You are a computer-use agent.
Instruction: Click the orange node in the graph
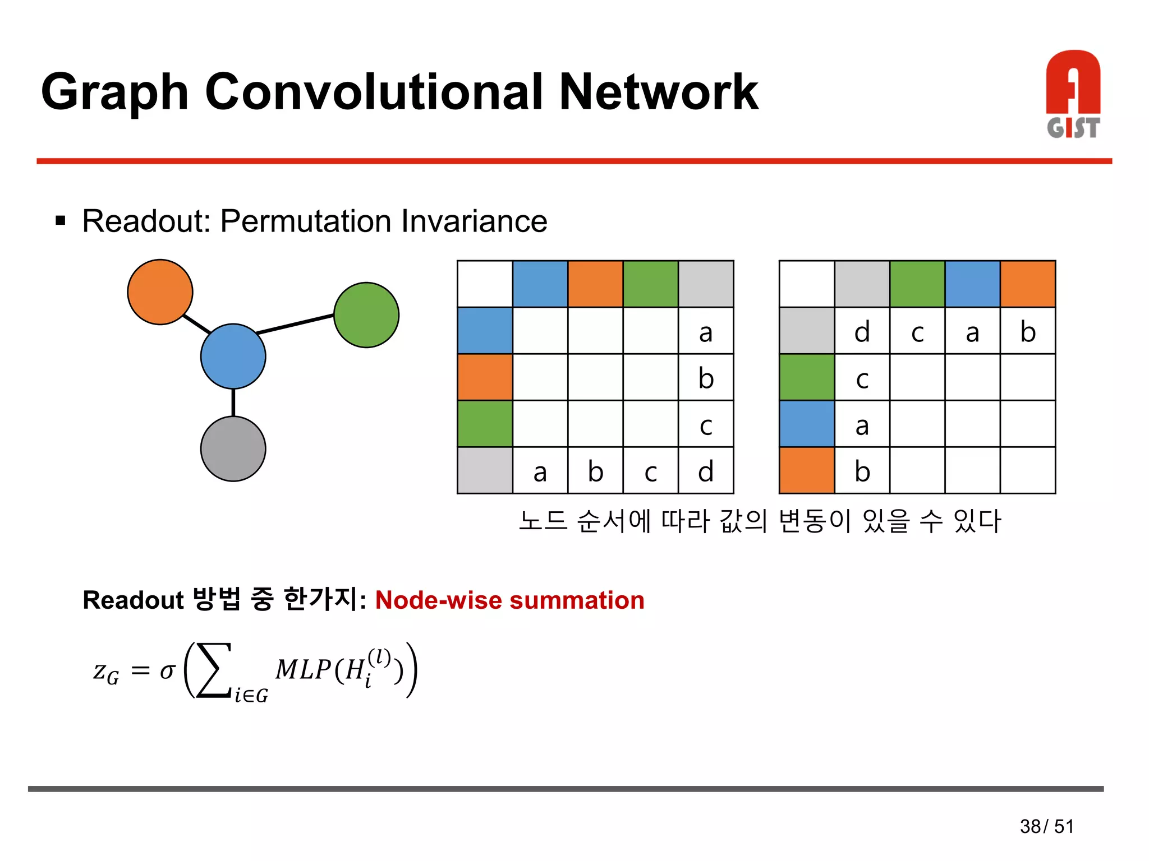160,292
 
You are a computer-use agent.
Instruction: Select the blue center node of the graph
233,357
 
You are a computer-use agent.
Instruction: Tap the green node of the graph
366,315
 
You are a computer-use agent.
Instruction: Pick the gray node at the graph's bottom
233,448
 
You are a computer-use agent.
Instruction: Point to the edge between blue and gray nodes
233,402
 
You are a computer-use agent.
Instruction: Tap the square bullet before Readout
61,221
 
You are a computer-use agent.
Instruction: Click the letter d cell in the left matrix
706,471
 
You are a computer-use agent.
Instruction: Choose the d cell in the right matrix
862,331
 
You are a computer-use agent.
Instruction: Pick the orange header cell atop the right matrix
1027,284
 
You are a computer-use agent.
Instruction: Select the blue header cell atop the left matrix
540,284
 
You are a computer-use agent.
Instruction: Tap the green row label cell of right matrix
807,377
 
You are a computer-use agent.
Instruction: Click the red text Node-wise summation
509,600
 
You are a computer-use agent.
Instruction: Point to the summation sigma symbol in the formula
213,670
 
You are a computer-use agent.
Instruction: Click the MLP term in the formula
304,669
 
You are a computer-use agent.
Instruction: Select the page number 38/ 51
1046,826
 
